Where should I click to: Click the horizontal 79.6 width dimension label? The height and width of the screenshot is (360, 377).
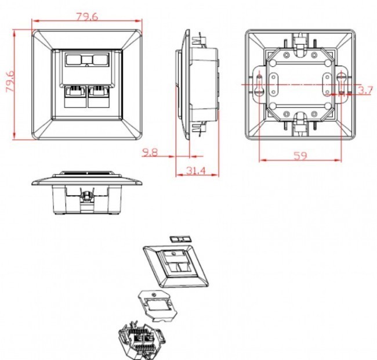87,17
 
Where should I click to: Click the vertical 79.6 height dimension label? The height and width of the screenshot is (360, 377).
10,81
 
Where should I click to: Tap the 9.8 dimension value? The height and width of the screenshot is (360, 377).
150,152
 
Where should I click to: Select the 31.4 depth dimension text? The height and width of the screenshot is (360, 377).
196,171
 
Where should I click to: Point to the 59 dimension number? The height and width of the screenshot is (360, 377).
300,156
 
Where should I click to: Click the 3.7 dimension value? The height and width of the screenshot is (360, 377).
365,91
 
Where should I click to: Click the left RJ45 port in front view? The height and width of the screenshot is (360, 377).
75,96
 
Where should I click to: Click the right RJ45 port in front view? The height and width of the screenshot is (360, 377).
99,96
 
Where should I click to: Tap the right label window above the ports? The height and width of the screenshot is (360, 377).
100,59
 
